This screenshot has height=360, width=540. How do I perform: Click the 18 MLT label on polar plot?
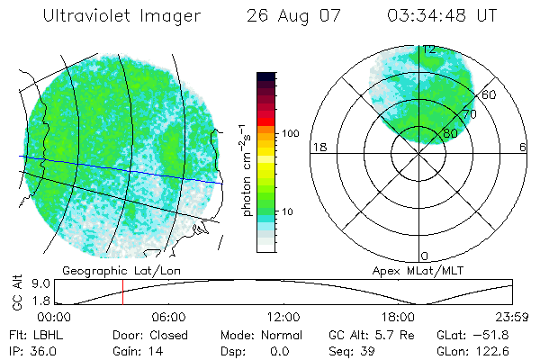(318, 147)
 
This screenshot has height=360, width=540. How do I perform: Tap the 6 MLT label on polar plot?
(523, 147)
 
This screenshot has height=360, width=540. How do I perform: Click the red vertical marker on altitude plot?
(122, 292)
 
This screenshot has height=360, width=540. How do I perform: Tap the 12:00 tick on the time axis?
(283, 317)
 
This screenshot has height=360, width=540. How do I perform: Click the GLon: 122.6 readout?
(473, 351)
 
